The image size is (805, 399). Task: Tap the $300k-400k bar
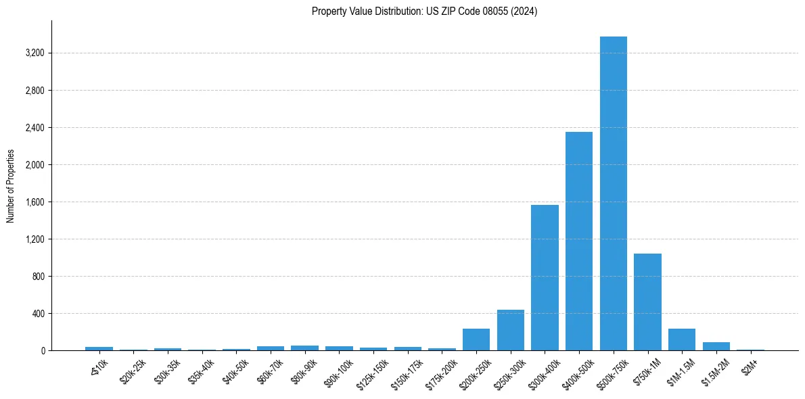(545, 277)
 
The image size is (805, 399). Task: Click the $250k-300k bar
(511, 330)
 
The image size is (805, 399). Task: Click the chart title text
(424, 11)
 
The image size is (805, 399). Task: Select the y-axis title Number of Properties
(11, 186)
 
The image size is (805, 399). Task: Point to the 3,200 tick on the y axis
(33, 53)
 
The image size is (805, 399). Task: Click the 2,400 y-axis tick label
(33, 128)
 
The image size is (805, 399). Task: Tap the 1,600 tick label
(33, 202)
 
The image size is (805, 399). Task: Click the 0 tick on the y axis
(42, 351)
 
